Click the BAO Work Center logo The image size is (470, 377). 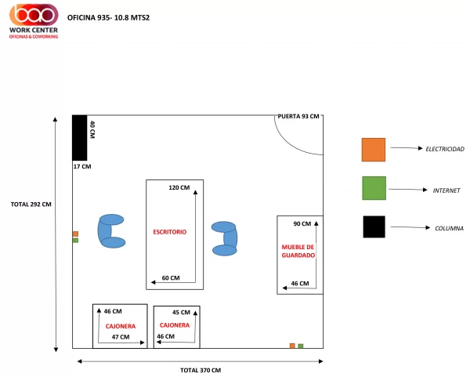(x=34, y=21)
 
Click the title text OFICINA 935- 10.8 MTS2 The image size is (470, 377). (x=108, y=18)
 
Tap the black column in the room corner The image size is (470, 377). (x=80, y=138)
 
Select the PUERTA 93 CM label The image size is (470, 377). (x=298, y=116)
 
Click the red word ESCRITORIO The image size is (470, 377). (x=170, y=232)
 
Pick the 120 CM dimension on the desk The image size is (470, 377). (x=179, y=188)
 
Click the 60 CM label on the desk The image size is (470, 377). (x=171, y=278)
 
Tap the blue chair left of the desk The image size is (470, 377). (x=111, y=231)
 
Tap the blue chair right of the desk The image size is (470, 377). (x=225, y=239)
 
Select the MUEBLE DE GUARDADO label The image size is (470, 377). (x=298, y=251)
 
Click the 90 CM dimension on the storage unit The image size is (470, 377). (x=302, y=223)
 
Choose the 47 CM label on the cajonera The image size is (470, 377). (x=121, y=337)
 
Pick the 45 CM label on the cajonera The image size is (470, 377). (x=181, y=313)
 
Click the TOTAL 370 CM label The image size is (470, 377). (x=201, y=371)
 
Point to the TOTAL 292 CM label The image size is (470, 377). (x=31, y=205)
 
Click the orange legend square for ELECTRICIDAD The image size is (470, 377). (x=374, y=150)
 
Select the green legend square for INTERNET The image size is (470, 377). (x=374, y=188)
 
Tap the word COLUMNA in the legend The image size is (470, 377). (x=449, y=229)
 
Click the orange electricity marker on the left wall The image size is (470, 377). (x=75, y=234)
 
